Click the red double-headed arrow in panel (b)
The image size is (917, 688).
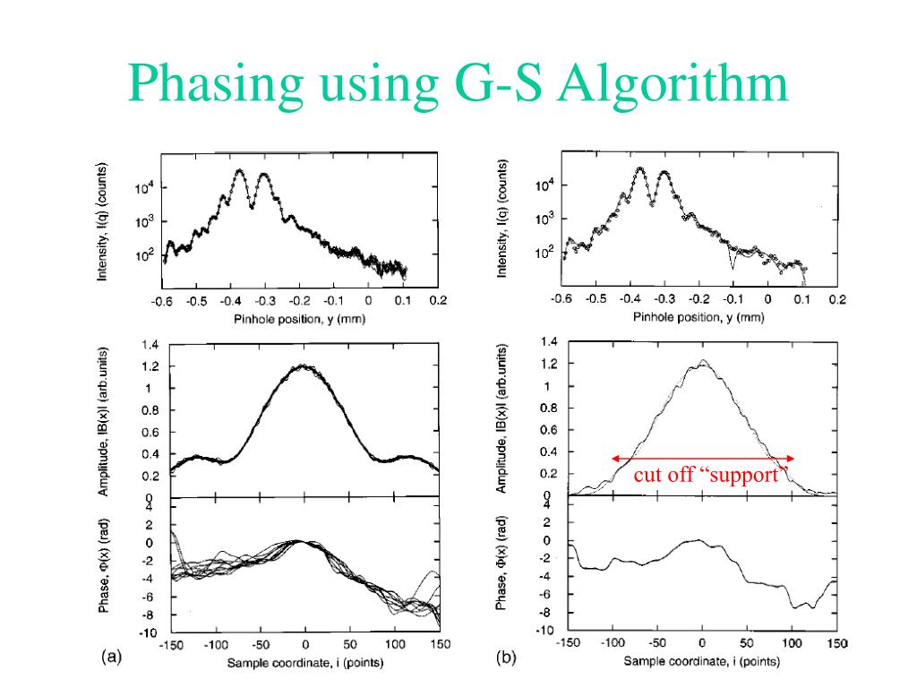click(703, 459)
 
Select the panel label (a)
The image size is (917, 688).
click(111, 658)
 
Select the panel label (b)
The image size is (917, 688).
click(507, 658)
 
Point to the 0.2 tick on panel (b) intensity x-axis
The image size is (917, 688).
click(836, 300)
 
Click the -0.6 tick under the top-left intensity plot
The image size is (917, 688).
click(161, 301)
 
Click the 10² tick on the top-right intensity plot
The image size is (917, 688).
click(544, 254)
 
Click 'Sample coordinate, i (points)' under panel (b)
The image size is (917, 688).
click(701, 662)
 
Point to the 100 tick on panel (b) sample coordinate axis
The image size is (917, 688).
click(792, 643)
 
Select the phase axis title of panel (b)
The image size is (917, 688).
click(503, 564)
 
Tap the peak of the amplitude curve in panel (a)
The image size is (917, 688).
click(304, 365)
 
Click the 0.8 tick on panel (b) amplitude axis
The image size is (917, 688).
click(548, 408)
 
